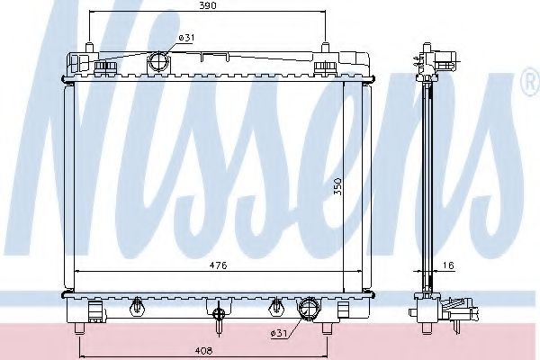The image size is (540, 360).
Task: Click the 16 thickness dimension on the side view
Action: (447, 265)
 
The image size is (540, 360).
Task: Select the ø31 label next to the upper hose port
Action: (185, 38)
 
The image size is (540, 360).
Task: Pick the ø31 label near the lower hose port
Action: (279, 335)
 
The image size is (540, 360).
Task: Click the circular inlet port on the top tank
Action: (159, 62)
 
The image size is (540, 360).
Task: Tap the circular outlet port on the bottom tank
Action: (310, 310)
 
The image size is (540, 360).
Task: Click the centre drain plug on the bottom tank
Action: (218, 312)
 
